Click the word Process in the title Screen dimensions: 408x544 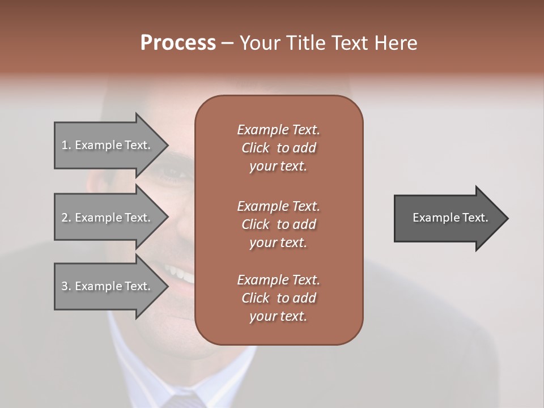[178, 43]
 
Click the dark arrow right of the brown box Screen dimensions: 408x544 [448, 218]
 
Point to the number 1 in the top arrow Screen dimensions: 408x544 [65, 145]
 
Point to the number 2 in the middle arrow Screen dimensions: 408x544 [65, 218]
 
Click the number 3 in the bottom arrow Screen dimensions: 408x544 [65, 286]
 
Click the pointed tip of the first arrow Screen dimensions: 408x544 [166, 146]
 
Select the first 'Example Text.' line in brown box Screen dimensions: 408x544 [278, 130]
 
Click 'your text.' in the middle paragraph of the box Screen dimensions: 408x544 [278, 243]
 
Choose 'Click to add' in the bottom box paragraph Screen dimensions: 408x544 [278, 298]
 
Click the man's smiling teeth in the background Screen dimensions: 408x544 [183, 275]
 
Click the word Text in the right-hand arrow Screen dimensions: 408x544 [475, 218]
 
